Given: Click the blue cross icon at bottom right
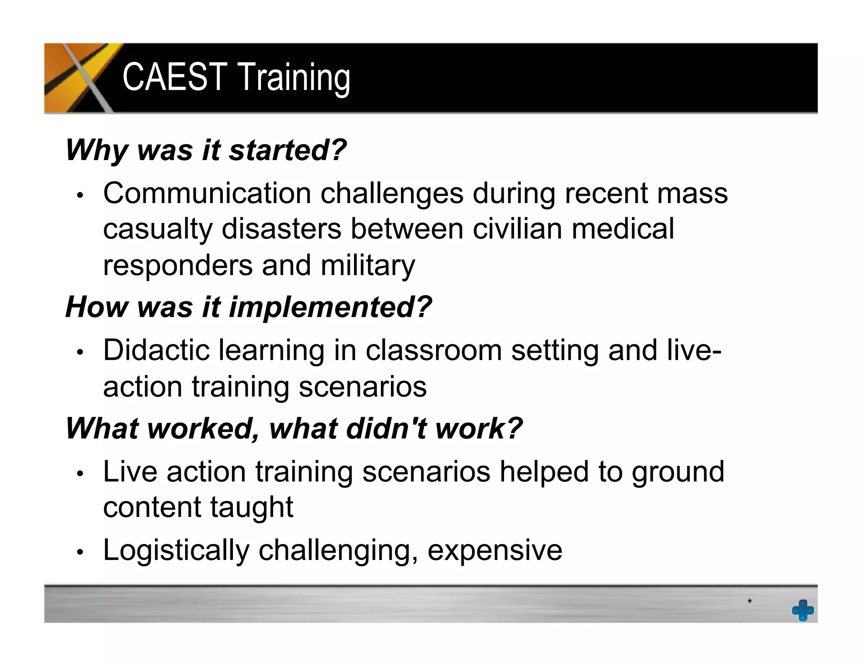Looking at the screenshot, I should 803,610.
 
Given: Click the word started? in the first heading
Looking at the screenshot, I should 288,150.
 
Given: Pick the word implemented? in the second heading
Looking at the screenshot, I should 330,307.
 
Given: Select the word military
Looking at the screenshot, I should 367,266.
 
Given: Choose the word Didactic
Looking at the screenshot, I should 156,350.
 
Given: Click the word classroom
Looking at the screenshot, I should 433,350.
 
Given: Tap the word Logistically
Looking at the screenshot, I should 176,550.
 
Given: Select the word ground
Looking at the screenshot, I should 678,472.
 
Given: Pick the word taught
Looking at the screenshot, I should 251,507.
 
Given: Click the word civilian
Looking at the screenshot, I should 517,229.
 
